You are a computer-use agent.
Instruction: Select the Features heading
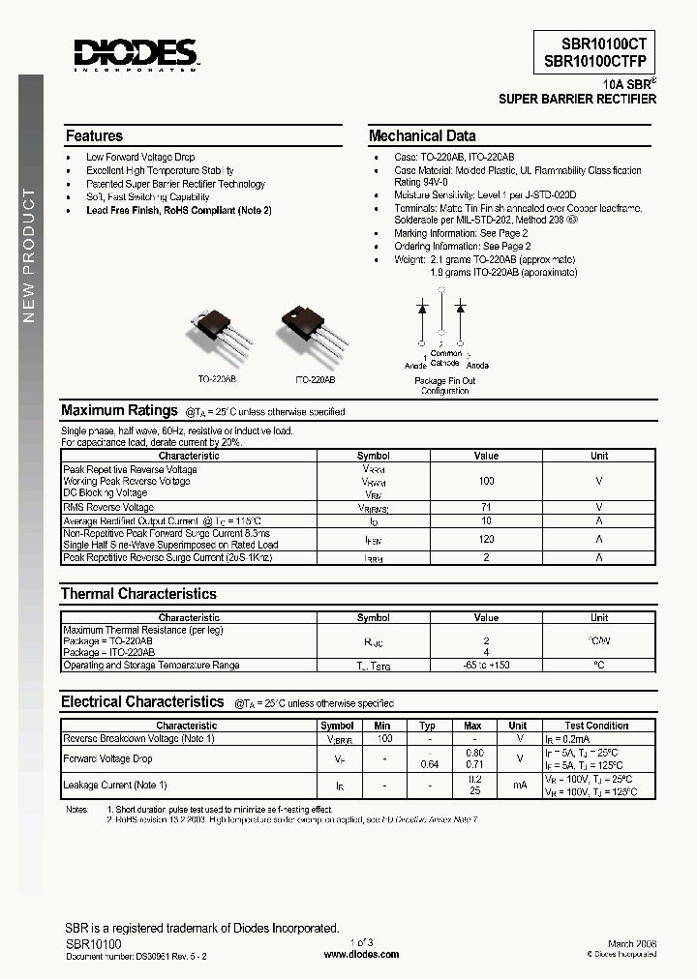point(94,136)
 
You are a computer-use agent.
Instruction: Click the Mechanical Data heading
point(422,136)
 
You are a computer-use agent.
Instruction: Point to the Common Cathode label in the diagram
point(445,359)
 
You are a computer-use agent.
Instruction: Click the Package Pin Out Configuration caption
point(444,386)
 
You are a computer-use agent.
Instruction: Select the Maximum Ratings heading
point(119,410)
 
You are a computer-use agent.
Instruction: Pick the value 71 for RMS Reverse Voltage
point(486,507)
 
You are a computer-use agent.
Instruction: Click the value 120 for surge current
point(486,539)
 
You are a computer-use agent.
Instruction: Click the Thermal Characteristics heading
point(138,594)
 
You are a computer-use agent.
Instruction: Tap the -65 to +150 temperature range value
point(486,666)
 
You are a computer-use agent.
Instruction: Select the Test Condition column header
point(596,726)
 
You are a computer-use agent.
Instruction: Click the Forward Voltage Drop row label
point(107,758)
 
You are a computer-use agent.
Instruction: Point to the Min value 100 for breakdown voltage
point(383,738)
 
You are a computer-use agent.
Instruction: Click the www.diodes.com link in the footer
point(360,954)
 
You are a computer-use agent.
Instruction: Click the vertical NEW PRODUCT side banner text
point(30,256)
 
